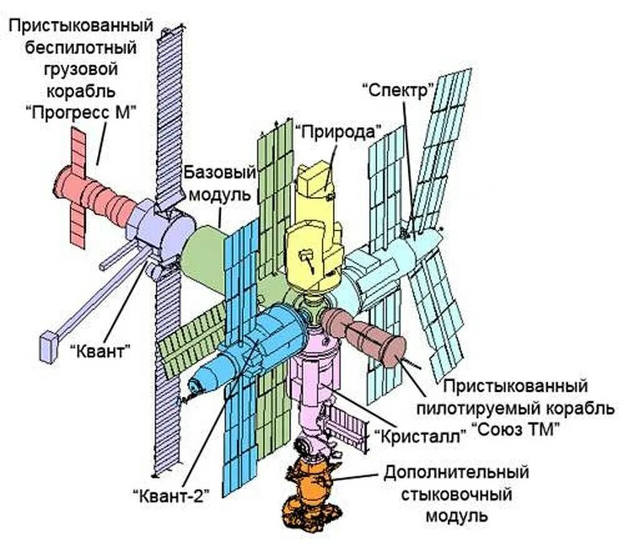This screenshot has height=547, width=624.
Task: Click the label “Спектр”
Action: click(x=397, y=89)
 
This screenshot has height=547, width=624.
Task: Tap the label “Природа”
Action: click(x=338, y=132)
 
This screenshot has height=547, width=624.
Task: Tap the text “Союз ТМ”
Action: click(x=514, y=429)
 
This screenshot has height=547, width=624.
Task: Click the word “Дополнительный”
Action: click(x=457, y=473)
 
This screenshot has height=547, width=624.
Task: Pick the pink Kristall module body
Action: click(x=315, y=375)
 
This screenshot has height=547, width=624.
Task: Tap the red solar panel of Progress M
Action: click(x=78, y=187)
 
